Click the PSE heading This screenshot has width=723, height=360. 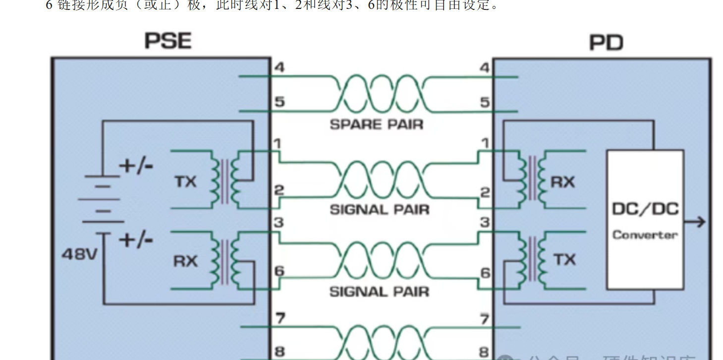(167, 41)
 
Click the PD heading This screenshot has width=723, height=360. (606, 43)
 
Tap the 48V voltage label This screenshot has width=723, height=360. (79, 254)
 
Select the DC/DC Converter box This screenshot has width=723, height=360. (645, 220)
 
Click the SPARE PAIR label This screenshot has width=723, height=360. (377, 124)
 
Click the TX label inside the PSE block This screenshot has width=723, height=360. (185, 182)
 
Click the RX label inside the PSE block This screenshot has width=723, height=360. (185, 261)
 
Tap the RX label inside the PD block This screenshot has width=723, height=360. (562, 182)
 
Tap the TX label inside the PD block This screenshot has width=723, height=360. (564, 259)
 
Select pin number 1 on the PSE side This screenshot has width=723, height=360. (278, 144)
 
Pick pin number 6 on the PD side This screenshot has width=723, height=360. (485, 273)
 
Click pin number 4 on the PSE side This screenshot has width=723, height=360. (279, 67)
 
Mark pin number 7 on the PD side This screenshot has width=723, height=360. (485, 318)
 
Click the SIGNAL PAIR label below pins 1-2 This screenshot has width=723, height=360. (380, 210)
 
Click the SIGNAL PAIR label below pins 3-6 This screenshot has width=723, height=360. (380, 292)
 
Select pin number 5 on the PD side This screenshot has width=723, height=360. (485, 102)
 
